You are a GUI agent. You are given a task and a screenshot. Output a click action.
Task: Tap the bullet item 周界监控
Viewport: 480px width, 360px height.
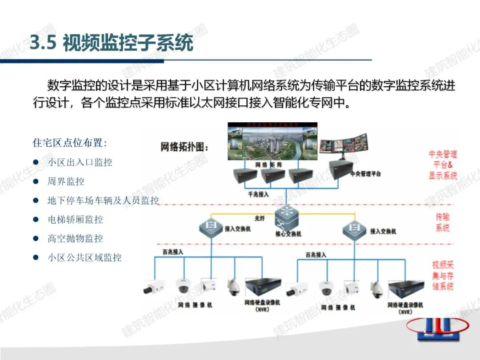[66, 181]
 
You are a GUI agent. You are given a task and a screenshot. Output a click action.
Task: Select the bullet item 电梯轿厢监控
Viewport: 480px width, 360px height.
[75, 220]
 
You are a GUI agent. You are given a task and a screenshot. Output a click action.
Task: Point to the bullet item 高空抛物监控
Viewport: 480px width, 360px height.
[75, 239]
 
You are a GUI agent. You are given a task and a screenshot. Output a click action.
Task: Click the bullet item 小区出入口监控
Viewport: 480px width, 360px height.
[80, 162]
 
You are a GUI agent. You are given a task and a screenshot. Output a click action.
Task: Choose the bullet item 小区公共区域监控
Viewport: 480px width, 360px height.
[84, 258]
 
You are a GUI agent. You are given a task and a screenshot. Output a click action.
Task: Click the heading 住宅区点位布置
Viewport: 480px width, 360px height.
[70, 143]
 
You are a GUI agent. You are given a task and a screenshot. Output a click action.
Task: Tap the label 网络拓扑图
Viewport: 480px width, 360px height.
[184, 147]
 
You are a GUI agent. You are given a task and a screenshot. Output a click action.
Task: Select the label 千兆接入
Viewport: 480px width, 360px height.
[258, 195]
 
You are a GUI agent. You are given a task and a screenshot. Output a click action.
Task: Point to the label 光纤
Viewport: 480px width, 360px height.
[260, 218]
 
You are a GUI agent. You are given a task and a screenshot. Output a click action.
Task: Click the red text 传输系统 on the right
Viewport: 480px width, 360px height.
[442, 222]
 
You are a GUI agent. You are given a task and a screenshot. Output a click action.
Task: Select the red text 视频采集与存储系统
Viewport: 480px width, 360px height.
[443, 276]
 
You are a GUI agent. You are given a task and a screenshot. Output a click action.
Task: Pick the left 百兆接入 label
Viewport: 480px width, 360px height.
[169, 252]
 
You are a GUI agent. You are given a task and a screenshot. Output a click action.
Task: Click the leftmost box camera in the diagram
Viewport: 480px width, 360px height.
[153, 288]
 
